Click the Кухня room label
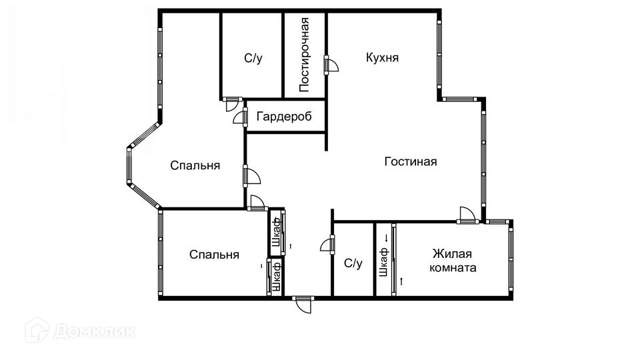[x=382, y=57]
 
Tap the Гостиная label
[x=410, y=161]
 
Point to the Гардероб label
[x=285, y=117]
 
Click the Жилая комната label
[x=453, y=261]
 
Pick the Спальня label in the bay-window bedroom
[x=195, y=165]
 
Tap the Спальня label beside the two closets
[x=214, y=255]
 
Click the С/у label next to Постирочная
[x=253, y=58]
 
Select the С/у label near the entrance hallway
[x=353, y=263]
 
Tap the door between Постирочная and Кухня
[x=331, y=65]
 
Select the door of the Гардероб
[x=240, y=117]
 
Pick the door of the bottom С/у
[x=327, y=245]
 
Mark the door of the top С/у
[x=232, y=103]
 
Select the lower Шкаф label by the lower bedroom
[x=276, y=276]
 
